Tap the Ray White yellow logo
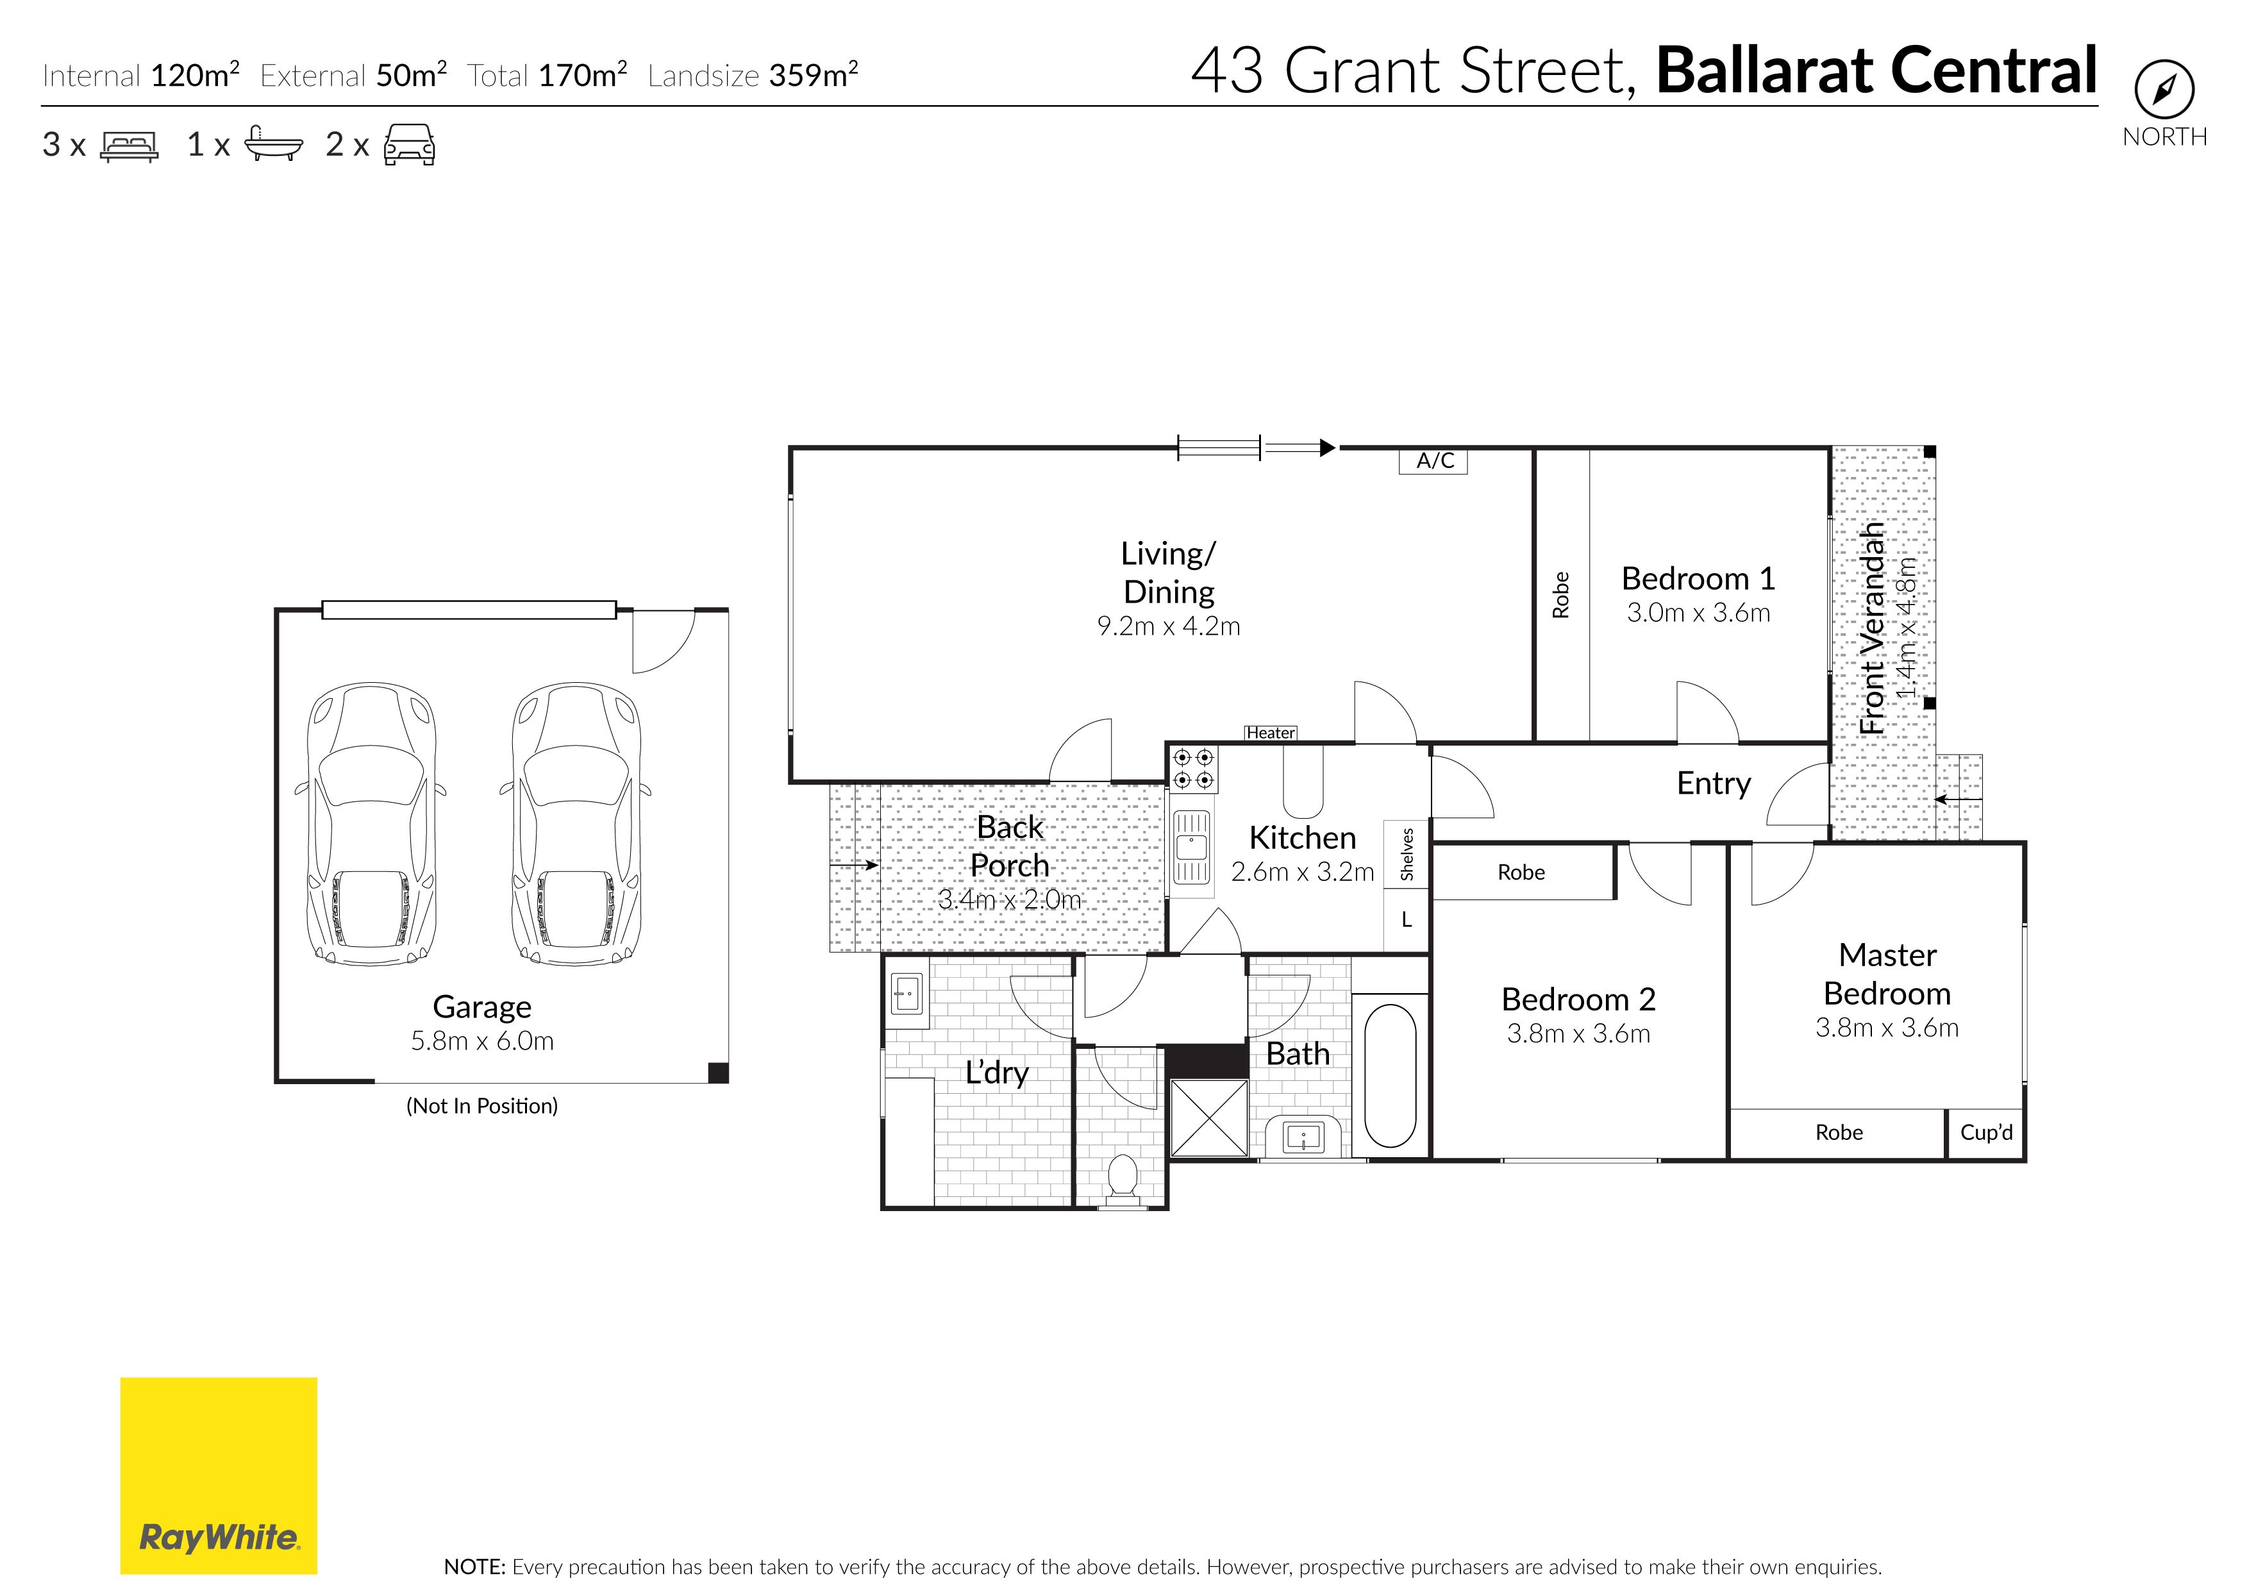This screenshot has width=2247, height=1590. click(219, 1475)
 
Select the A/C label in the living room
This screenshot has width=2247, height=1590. click(1434, 461)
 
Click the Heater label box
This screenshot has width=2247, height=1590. click(1271, 732)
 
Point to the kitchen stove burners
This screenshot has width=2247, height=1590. click(1192, 769)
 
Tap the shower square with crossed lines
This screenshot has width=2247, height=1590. click(1209, 1117)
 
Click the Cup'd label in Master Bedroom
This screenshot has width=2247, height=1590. click(1985, 1133)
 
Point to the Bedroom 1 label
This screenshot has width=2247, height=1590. click(1698, 579)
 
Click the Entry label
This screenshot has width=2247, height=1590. click(1714, 783)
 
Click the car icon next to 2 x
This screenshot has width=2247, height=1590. click(409, 145)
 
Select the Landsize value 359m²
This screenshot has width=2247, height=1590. click(814, 74)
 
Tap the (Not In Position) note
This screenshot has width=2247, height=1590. click(481, 1107)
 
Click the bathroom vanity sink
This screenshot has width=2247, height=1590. click(1303, 1137)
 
